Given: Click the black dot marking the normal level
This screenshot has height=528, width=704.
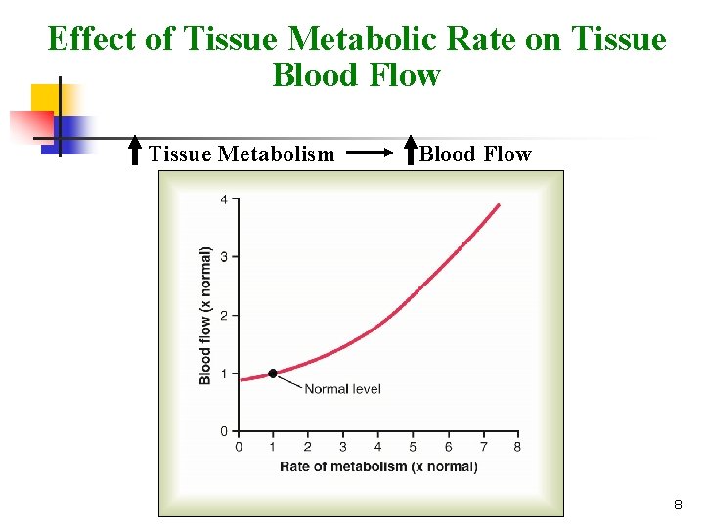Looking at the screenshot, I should point(272,373).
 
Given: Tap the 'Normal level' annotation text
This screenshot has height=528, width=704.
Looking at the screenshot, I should point(342,389).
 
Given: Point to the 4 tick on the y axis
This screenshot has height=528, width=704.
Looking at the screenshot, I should point(224,200).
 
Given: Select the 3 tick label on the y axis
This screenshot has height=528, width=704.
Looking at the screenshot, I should point(224,257).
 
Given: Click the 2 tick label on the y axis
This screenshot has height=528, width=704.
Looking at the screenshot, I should point(224,315).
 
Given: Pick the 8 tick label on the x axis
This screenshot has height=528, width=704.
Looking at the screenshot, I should point(517,448).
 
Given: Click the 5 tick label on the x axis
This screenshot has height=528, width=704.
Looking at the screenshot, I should point(413,448).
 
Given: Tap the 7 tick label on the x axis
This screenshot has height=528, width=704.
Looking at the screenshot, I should point(483,448).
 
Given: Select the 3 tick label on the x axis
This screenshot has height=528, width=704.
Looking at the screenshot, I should point(343,448).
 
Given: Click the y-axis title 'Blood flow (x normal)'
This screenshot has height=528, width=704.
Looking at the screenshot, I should point(205,314).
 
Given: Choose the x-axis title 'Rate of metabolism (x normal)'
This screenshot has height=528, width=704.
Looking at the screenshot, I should point(378,466).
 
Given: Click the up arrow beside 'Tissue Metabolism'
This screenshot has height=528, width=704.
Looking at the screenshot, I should point(137,152).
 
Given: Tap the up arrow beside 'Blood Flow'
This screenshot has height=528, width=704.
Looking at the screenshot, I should point(411,151).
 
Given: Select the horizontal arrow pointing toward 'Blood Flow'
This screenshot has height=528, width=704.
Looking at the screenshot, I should point(371,154).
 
